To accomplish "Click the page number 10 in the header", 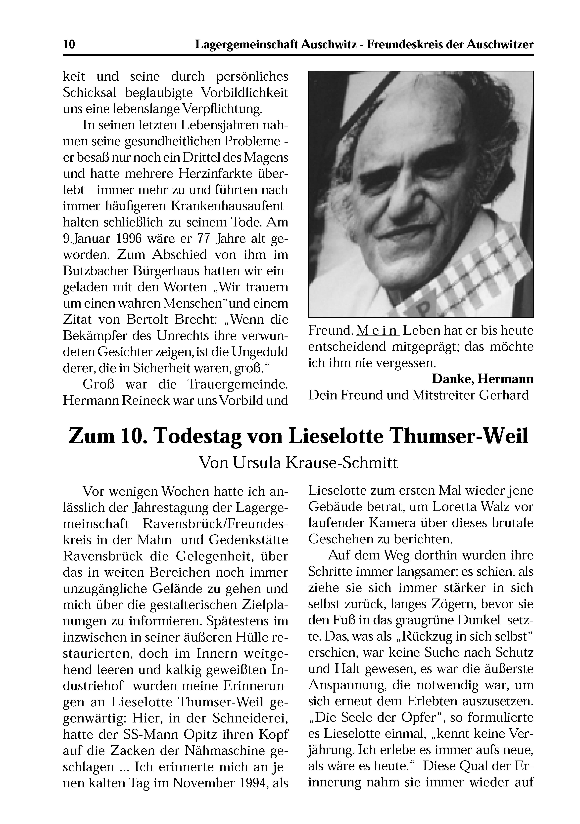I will (69, 45).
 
